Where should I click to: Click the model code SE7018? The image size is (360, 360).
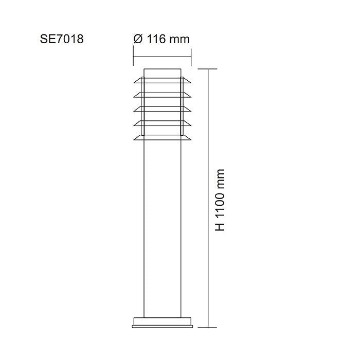61,39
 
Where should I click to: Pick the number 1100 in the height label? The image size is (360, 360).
221,203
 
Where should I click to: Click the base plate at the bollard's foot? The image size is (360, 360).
163,322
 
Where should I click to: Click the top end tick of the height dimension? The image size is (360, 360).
207,68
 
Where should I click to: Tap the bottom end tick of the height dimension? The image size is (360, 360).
207,327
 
